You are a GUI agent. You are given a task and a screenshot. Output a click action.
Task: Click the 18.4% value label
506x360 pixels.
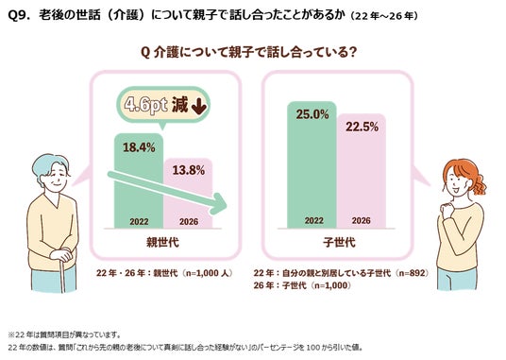coord(139,147)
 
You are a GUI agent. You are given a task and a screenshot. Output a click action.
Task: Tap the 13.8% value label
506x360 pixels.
coord(189,170)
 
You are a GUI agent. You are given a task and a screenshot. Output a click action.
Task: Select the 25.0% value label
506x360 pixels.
coord(312,114)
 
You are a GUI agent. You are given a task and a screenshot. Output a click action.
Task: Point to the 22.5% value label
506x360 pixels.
coord(362,127)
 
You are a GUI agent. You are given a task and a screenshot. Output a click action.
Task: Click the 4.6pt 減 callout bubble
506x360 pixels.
coord(163,106)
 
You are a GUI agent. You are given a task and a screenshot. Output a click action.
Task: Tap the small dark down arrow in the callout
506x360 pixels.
coord(199,106)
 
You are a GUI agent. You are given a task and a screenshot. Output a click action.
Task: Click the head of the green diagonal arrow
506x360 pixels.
coord(219,204)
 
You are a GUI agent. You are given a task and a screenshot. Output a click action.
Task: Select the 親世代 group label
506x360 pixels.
coord(162,242)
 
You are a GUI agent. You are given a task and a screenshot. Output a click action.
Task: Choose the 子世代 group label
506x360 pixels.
coord(339,242)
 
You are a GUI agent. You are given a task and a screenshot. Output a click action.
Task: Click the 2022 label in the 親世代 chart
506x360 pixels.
coord(139,221)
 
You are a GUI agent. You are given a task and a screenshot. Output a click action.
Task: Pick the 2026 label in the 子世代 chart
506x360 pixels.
coord(362,220)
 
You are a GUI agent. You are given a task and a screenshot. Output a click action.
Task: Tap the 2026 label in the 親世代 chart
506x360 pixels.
coord(189,221)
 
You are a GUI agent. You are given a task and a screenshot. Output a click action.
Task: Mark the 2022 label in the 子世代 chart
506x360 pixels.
coord(314,220)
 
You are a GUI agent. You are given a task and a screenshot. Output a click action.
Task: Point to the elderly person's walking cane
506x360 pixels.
coord(62,275)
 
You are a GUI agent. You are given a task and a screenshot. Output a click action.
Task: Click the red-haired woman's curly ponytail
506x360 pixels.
coord(480,184)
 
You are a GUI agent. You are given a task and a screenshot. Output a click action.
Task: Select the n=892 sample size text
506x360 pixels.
coord(413,273)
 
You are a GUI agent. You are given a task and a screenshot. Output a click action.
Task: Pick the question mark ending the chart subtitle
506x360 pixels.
coord(353,52)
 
